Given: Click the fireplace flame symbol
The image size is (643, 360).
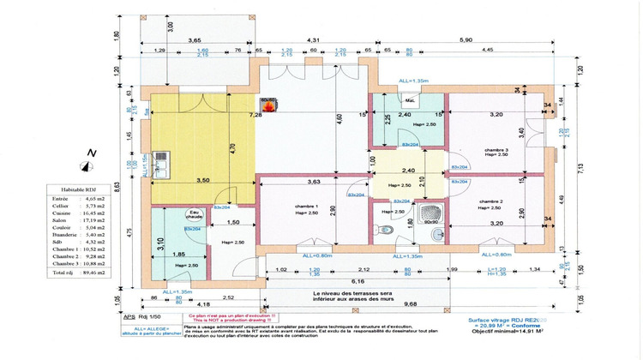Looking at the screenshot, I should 268,107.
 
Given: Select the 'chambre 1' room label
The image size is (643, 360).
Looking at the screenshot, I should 305,207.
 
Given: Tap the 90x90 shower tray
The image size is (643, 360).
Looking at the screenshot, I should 430,213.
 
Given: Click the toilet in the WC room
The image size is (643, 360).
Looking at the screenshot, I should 388,230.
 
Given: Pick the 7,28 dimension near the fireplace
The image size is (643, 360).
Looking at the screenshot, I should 255,114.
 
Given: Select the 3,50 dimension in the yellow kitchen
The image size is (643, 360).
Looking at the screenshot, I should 202,181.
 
